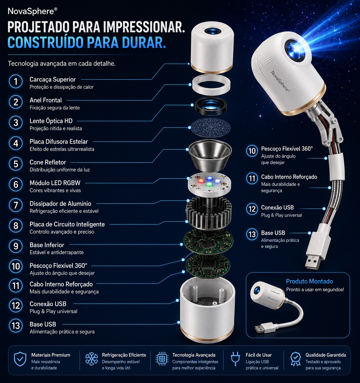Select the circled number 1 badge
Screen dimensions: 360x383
coord(16,81)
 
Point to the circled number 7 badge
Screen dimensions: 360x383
coord(16,205)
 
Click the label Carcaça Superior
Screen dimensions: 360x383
coord(53,79)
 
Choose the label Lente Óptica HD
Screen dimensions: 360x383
coord(51,121)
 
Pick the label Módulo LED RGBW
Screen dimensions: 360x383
coord(55,183)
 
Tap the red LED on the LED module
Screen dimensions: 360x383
coord(201,181)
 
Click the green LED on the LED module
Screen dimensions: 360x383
coord(209,185)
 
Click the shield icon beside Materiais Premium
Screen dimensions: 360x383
coord(20,359)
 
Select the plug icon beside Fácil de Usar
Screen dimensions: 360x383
coord(235,358)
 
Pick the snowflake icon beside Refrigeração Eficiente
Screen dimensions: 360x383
coord(91,359)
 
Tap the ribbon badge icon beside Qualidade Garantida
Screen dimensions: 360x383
coord(295,359)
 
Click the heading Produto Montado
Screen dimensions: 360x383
coord(309,281)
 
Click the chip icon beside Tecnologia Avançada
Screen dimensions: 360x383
coord(162,359)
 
